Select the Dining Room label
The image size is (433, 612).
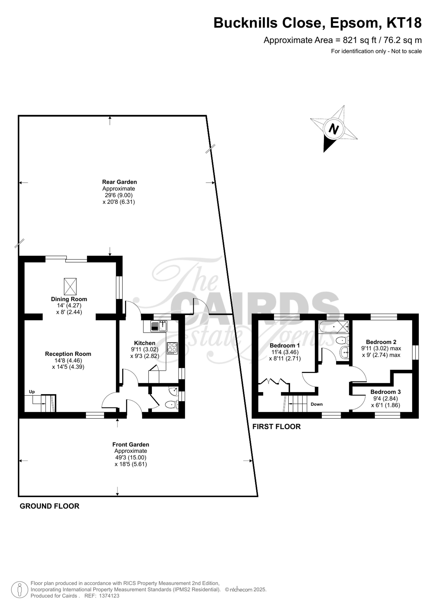point(69,299)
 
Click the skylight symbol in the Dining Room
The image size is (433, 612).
point(70,287)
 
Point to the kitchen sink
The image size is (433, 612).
point(159,326)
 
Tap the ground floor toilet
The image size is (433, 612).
point(171,405)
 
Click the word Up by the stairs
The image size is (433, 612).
point(32,391)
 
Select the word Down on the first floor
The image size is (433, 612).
point(317,404)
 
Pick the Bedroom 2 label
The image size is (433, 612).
point(381,342)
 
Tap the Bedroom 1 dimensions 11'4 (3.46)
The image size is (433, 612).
point(285,352)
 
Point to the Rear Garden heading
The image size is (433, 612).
point(120,182)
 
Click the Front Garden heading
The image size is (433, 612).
point(131,444)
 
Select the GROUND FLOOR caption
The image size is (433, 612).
point(50,506)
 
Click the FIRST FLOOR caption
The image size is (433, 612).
point(276,427)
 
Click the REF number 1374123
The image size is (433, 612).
point(109,596)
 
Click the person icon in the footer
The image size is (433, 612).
point(19,589)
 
